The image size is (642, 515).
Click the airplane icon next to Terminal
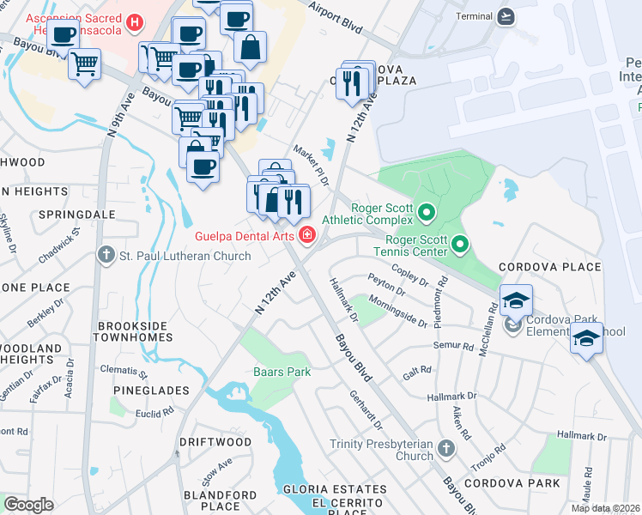click(506, 16)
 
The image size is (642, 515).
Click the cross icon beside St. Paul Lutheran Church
click(106, 255)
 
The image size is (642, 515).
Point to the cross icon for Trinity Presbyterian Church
click(445, 448)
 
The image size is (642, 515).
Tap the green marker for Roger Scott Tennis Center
click(460, 245)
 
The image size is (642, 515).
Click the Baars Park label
click(282, 373)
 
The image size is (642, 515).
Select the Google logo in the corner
click(29, 504)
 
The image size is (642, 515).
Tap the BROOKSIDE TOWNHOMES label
click(135, 332)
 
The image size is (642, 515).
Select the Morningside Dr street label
click(397, 312)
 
